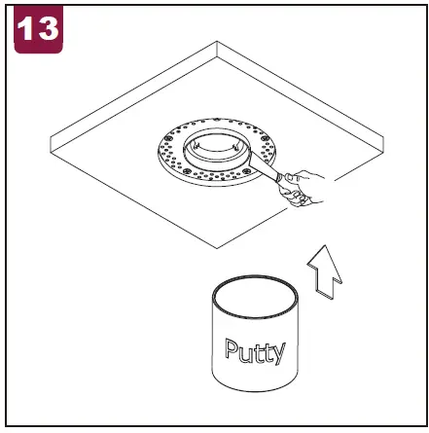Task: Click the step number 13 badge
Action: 38,28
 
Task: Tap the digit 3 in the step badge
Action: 48,28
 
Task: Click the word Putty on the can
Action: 255,351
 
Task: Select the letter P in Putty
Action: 232,348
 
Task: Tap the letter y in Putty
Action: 279,354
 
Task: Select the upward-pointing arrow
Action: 325,271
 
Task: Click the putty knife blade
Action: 263,166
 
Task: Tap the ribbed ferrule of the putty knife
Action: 279,178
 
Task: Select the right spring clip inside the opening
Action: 235,147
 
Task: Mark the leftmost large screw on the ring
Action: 167,138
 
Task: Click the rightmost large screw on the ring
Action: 265,138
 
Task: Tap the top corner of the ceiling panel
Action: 217,42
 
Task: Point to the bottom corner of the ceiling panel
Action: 217,248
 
